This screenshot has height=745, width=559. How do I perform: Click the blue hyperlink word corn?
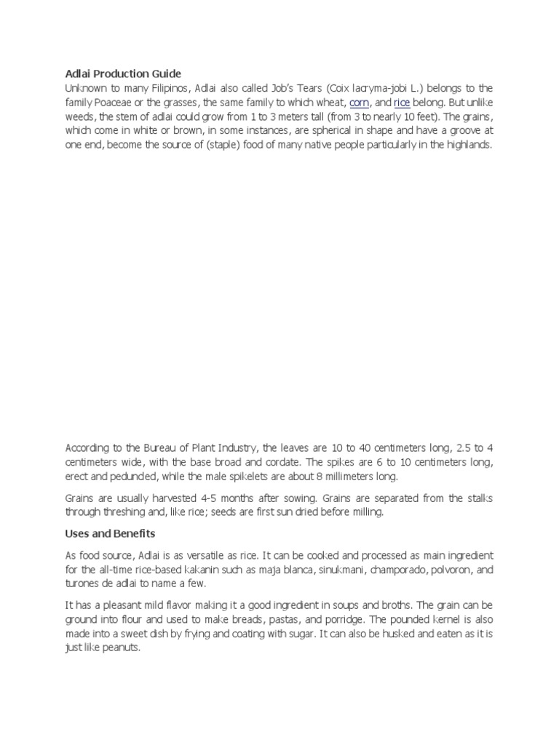point(360,102)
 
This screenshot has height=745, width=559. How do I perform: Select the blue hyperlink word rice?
point(402,102)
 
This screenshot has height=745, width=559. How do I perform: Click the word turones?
point(83,584)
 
